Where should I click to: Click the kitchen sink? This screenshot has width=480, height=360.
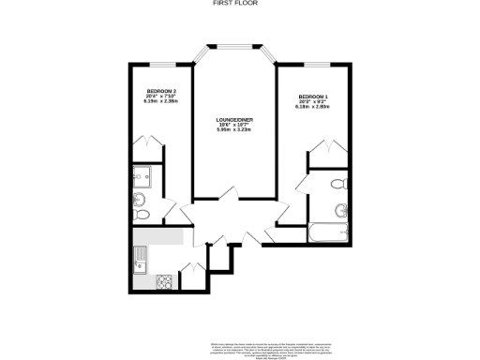(143, 256)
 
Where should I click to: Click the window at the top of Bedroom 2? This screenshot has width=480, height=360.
(158, 64)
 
